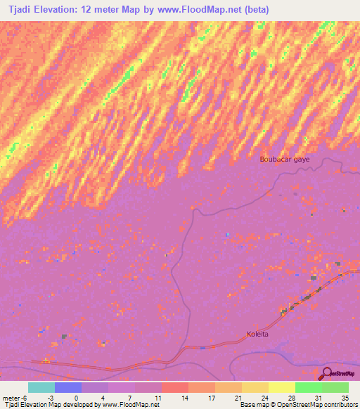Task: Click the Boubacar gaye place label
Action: (x=284, y=159)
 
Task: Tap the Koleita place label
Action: (x=258, y=335)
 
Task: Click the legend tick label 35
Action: (x=345, y=397)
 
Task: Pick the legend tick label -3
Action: (x=51, y=397)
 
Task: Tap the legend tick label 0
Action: (x=77, y=397)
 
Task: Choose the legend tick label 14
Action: (x=184, y=397)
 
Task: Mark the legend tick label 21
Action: (x=238, y=397)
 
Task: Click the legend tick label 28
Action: (x=291, y=397)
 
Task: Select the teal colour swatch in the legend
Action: (x=41, y=387)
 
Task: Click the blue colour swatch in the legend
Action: (x=67, y=387)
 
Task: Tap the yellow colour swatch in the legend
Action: (x=281, y=387)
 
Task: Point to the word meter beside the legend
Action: (x=13, y=397)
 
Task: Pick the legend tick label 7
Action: (x=131, y=397)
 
